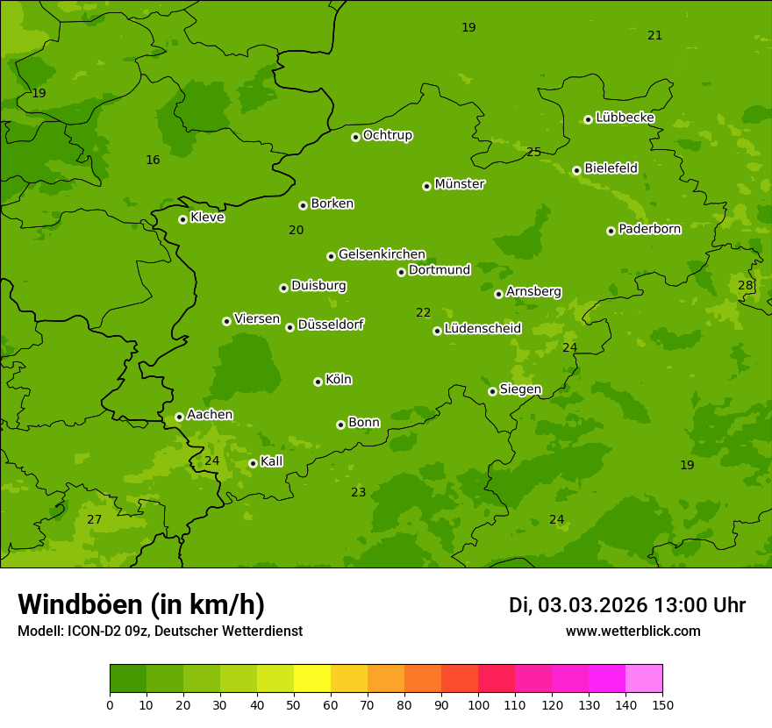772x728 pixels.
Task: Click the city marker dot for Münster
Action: (426, 186)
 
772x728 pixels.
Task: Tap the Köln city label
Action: (339, 380)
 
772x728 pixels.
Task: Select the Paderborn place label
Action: (649, 229)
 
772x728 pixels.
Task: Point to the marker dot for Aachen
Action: (179, 417)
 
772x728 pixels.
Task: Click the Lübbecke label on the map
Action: (625, 118)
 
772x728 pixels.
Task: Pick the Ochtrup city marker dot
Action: (355, 137)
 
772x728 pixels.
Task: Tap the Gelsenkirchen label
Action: (382, 254)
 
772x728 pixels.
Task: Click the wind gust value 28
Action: (745, 285)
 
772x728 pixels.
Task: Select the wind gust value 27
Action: (94, 519)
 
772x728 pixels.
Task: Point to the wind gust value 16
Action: (153, 160)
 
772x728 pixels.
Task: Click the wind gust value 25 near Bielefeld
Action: (533, 152)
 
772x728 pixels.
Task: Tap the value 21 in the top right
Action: (654, 35)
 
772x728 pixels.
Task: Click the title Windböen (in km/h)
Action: (141, 604)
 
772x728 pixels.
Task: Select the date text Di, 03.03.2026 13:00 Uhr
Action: (626, 605)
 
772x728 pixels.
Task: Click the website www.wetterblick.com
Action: (633, 631)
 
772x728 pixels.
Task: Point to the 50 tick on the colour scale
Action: (294, 704)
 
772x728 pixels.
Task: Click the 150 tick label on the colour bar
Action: (662, 704)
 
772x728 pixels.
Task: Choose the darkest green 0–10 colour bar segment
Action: (128, 679)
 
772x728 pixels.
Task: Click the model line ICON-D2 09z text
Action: (160, 631)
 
